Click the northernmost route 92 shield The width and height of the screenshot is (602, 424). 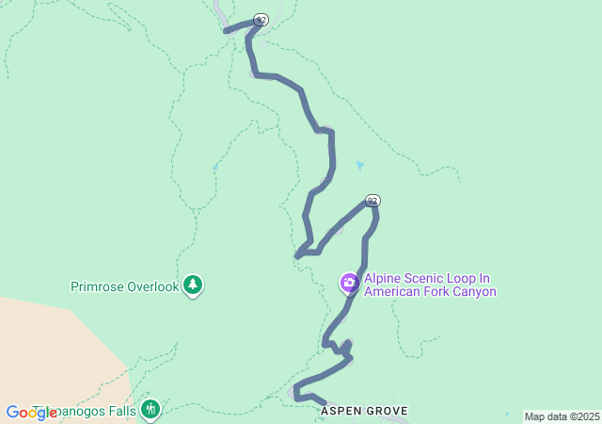coord(261,20)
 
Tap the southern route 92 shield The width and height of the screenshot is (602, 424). coord(372,201)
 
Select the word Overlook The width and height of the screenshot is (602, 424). coord(151,285)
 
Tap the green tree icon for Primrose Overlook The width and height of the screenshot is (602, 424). coord(193,284)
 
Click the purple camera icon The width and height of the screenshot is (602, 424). coord(349,283)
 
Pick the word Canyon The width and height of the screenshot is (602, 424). coord(477,292)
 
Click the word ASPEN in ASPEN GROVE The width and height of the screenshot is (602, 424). coord(341,412)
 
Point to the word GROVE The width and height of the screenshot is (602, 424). coord(388,412)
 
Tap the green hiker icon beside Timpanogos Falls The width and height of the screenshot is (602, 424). coord(150,409)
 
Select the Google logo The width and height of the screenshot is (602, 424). coord(31,413)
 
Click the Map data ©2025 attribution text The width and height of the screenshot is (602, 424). coord(562,416)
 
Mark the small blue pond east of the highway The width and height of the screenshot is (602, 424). coord(359,166)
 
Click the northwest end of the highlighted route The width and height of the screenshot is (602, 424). coord(226,31)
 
